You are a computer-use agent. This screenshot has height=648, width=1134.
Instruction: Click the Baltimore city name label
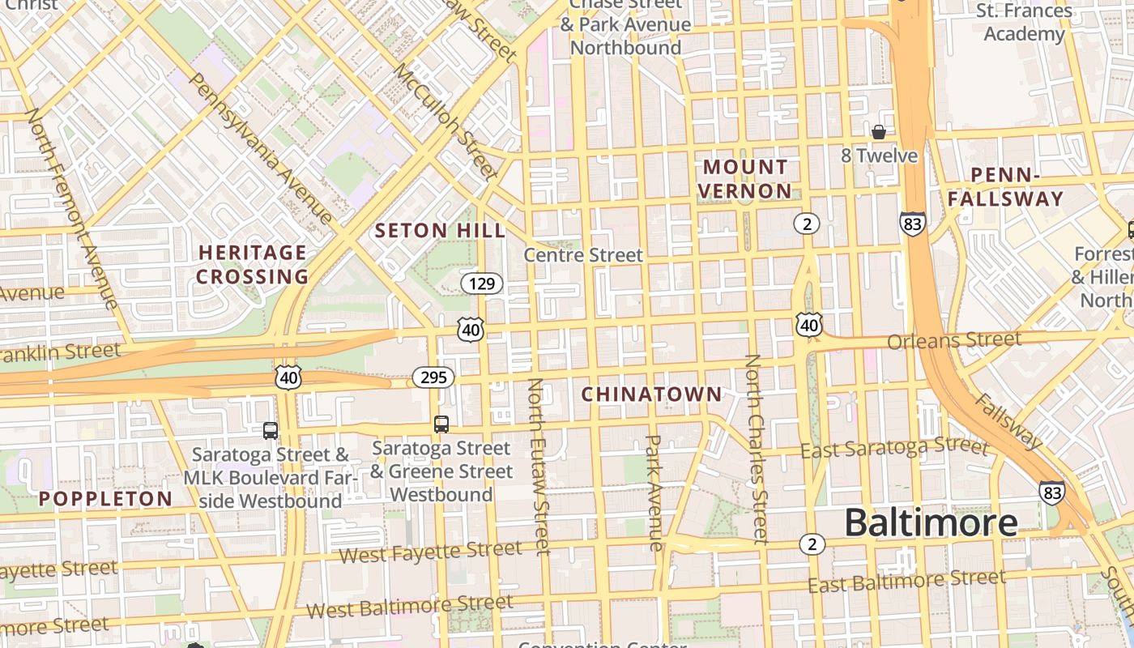click(931, 523)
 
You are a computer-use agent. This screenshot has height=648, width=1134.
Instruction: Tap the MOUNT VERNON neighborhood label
click(745, 179)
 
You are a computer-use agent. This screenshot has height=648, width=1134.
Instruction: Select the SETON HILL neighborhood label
click(440, 231)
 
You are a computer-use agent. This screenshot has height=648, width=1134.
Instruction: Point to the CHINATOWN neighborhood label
click(651, 394)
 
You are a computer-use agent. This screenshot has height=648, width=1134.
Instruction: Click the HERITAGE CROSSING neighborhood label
click(253, 265)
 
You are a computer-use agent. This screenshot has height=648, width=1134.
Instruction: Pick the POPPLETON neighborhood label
click(105, 499)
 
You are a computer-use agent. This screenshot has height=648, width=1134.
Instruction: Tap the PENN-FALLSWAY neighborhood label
click(1005, 187)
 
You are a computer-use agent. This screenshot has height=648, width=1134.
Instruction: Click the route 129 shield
click(482, 283)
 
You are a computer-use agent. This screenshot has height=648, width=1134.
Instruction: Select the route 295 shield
click(433, 377)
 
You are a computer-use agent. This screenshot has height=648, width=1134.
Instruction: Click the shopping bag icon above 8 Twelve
click(878, 131)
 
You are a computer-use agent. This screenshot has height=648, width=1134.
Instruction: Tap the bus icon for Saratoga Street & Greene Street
click(441, 424)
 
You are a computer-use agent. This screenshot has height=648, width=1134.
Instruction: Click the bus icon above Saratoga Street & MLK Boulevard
click(271, 430)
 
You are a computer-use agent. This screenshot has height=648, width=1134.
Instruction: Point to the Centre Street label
click(583, 255)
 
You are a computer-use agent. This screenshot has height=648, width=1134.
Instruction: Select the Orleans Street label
click(953, 340)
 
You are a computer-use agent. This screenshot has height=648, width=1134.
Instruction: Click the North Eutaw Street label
click(539, 466)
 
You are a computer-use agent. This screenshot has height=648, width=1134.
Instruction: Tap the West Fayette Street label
click(430, 552)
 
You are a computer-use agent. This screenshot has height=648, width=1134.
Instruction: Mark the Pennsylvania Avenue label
click(259, 148)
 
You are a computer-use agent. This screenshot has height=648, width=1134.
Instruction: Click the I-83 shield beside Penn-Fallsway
click(912, 224)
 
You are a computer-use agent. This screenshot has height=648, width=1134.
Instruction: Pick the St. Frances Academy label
click(1024, 23)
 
